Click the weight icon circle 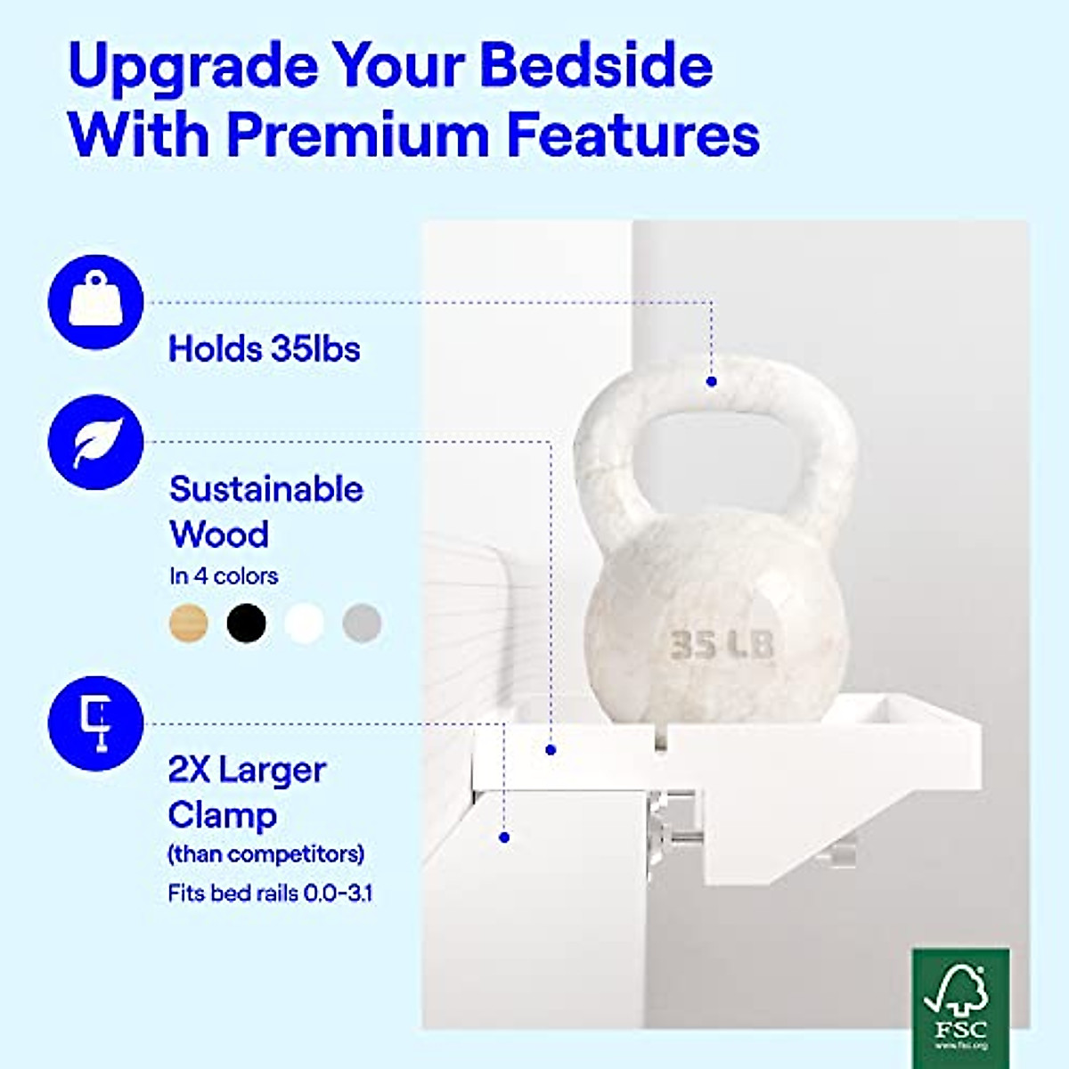click(x=95, y=302)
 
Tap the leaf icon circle click(x=95, y=442)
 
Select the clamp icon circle click(x=95, y=723)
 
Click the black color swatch click(x=246, y=623)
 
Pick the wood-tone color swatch click(x=189, y=623)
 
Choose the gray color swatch click(x=362, y=623)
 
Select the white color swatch click(x=304, y=623)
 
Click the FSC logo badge click(x=961, y=1008)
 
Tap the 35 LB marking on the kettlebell click(x=722, y=645)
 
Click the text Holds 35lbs click(x=264, y=349)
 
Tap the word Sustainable click(x=266, y=489)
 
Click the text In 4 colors click(x=224, y=576)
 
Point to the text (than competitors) click(x=266, y=854)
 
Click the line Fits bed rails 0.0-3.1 click(x=270, y=894)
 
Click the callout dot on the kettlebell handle click(x=712, y=381)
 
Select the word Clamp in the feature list click(x=223, y=815)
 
